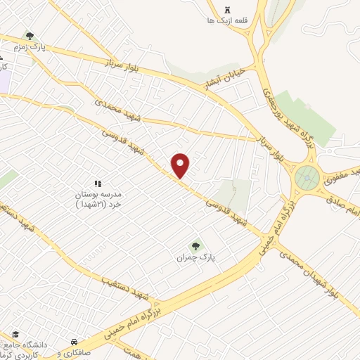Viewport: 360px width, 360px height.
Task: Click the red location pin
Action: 181,165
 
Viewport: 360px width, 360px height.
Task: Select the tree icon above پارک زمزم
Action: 30,35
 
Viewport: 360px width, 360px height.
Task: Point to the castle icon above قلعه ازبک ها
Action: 226,9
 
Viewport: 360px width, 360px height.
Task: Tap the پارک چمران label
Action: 195,258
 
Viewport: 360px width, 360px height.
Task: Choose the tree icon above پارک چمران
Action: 195,245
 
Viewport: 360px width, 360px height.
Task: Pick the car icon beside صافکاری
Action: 74,342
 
